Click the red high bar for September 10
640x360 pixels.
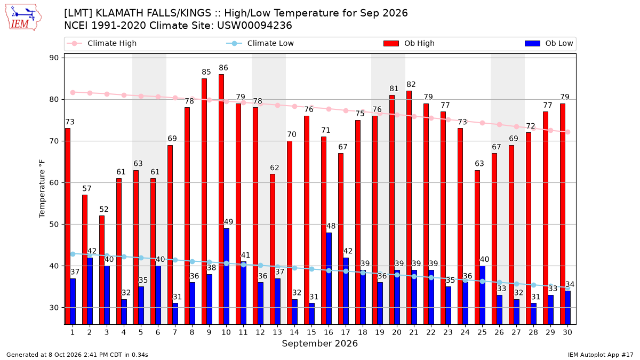click(221, 199)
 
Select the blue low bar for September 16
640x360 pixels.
click(329, 278)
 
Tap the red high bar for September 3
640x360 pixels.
click(102, 270)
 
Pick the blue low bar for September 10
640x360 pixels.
click(226, 276)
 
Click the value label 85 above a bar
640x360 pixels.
click(206, 72)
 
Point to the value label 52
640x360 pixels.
click(103, 210)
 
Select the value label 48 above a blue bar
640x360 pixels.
click(331, 226)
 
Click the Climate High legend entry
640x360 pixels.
click(102, 43)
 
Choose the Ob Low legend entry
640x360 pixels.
click(549, 43)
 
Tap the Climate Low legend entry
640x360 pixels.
click(260, 43)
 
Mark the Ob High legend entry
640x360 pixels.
click(409, 43)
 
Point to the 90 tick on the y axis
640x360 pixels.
click(54, 58)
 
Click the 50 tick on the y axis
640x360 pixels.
click(54, 225)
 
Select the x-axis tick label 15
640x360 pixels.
click(311, 332)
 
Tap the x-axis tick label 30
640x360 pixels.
click(567, 332)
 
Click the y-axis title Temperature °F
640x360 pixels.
click(42, 189)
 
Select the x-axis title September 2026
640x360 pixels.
click(319, 343)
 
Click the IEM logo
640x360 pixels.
click(23, 18)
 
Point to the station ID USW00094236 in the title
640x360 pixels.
click(254, 26)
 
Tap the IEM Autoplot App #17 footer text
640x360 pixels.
click(601, 355)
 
